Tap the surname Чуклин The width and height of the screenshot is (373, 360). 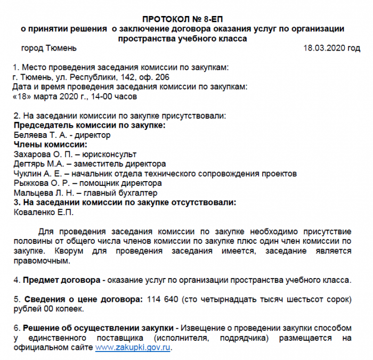[x=27, y=174]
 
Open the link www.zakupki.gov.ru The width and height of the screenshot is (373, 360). [x=133, y=347]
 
